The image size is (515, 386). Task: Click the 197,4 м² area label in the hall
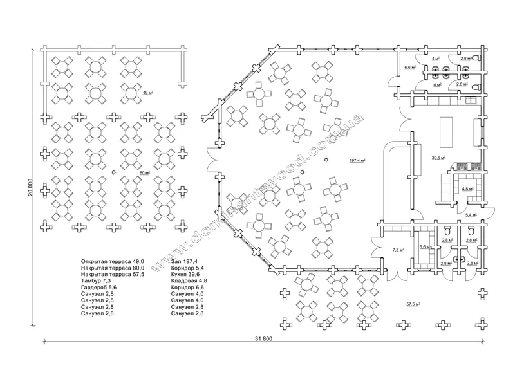[x=358, y=160]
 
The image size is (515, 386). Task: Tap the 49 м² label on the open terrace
[x=147, y=93]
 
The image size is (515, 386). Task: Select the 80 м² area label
[x=145, y=172]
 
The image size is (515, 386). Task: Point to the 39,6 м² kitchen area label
[x=440, y=158]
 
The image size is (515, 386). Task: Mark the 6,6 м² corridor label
[x=409, y=66]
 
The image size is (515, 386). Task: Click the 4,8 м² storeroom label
[x=468, y=189]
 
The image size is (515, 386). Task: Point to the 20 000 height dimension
[x=30, y=192]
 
